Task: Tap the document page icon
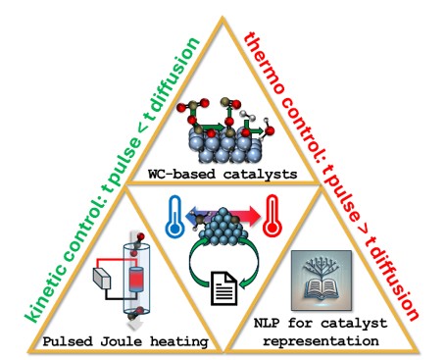coord(222,288)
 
